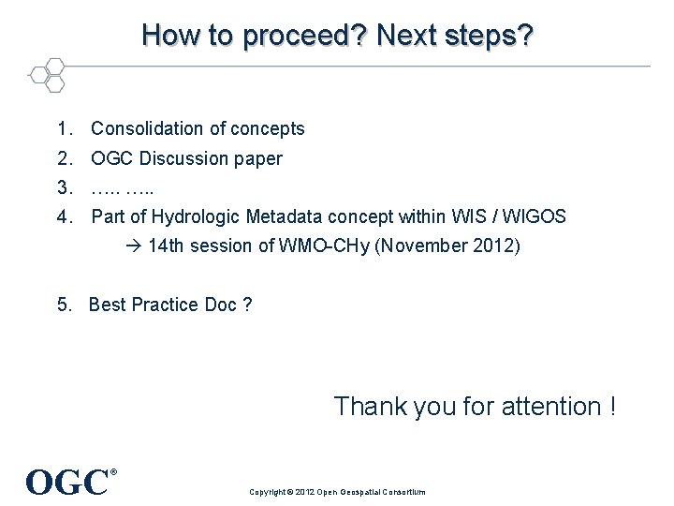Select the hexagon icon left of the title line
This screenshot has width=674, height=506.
(47, 74)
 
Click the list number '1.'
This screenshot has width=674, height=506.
(65, 128)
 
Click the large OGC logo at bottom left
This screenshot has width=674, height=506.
(68, 482)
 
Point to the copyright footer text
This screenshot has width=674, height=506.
(337, 492)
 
